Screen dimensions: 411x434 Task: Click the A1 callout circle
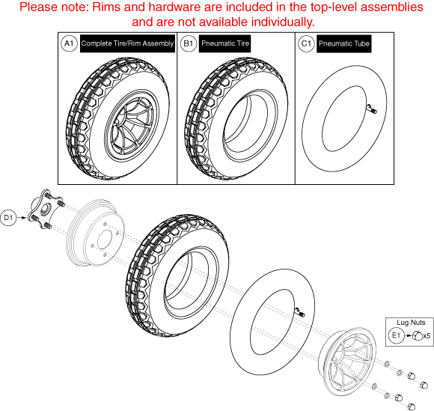[x=68, y=44]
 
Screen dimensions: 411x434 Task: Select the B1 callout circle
[x=189, y=44]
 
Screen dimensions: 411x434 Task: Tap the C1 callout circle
[x=305, y=44]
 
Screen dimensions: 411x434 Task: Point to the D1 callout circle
[x=9, y=218]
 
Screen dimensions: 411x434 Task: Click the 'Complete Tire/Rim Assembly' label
[x=127, y=44]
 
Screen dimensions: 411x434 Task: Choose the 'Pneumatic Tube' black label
[x=344, y=44]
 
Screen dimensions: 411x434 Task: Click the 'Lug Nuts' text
[x=408, y=323]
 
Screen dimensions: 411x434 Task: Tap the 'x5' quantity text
[x=427, y=335]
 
